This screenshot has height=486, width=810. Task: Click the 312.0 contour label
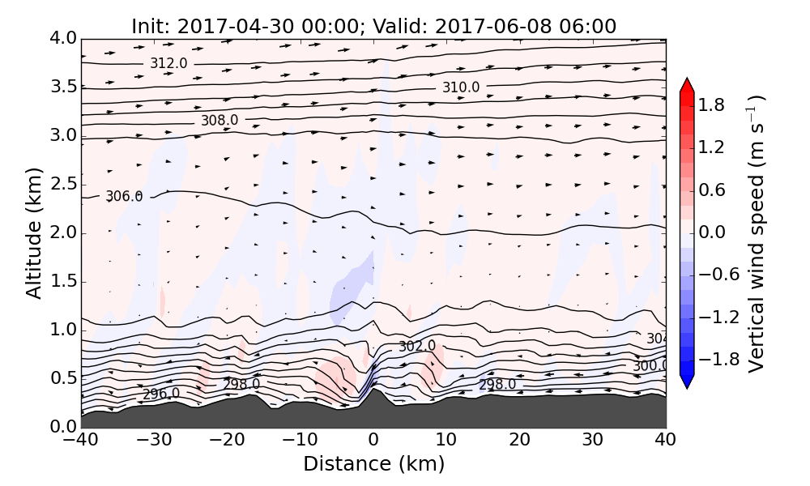pyautogui.click(x=168, y=63)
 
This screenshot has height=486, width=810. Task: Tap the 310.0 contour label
pyautogui.click(x=460, y=87)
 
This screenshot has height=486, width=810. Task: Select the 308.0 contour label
pyautogui.click(x=220, y=121)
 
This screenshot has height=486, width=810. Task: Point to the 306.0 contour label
pyautogui.click(x=124, y=196)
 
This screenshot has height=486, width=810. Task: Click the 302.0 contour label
pyautogui.click(x=417, y=346)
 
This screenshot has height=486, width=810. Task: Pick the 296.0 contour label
pyautogui.click(x=161, y=394)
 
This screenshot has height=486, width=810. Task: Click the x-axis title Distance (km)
pyautogui.click(x=373, y=464)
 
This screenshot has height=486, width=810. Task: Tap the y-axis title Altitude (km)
pyautogui.click(x=33, y=232)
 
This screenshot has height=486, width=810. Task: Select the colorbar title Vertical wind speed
pyautogui.click(x=756, y=233)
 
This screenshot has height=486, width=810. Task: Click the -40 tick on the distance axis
pyautogui.click(x=82, y=441)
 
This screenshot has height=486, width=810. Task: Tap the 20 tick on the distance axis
pyautogui.click(x=519, y=441)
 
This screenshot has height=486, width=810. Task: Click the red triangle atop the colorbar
pyautogui.click(x=687, y=85)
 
